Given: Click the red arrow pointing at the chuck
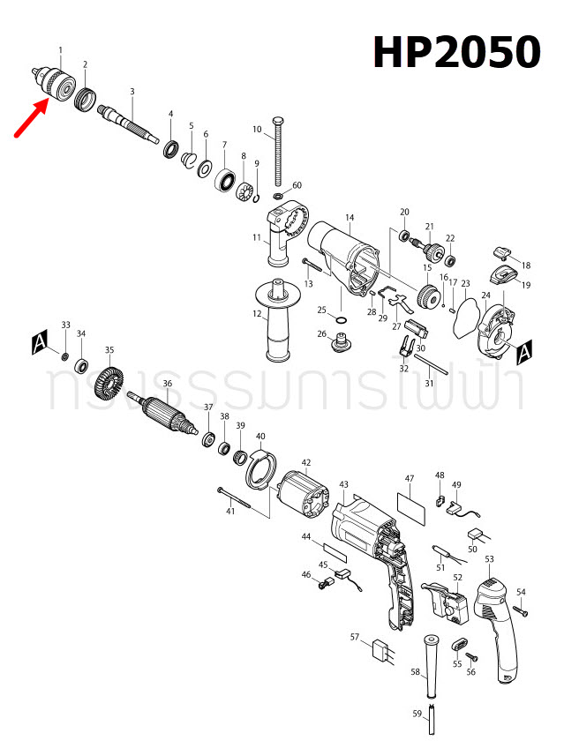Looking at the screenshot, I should tap(29, 121).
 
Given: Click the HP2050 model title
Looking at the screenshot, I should tap(455, 53).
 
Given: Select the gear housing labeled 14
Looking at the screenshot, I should tap(347, 255).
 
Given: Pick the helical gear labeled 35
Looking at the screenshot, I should tap(111, 384).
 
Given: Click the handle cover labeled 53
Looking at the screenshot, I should tap(496, 622).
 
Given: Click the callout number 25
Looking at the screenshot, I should tap(322, 310).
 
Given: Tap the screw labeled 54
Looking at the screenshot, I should tap(521, 609).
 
